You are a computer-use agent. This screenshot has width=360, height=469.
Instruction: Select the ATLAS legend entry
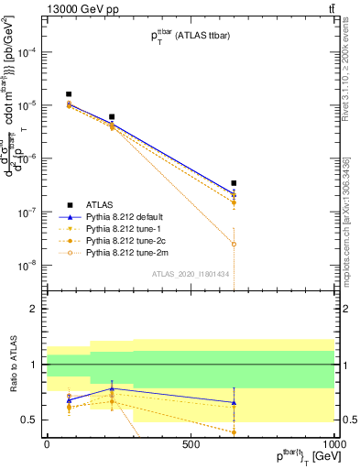click(x=103, y=204)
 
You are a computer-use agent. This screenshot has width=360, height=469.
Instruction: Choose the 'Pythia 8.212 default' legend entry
click(x=120, y=216)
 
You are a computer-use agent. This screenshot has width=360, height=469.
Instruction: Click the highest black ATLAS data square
click(x=69, y=94)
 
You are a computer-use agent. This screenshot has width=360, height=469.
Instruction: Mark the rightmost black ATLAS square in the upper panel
click(x=235, y=183)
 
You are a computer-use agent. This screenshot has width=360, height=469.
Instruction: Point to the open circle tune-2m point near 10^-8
click(x=235, y=245)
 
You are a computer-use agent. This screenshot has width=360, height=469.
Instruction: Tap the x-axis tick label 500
click(x=191, y=442)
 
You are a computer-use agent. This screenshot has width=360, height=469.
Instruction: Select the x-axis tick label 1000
click(x=334, y=442)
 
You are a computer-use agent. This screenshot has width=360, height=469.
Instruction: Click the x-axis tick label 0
click(x=47, y=442)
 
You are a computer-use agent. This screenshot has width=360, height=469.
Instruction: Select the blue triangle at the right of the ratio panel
click(x=235, y=402)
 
